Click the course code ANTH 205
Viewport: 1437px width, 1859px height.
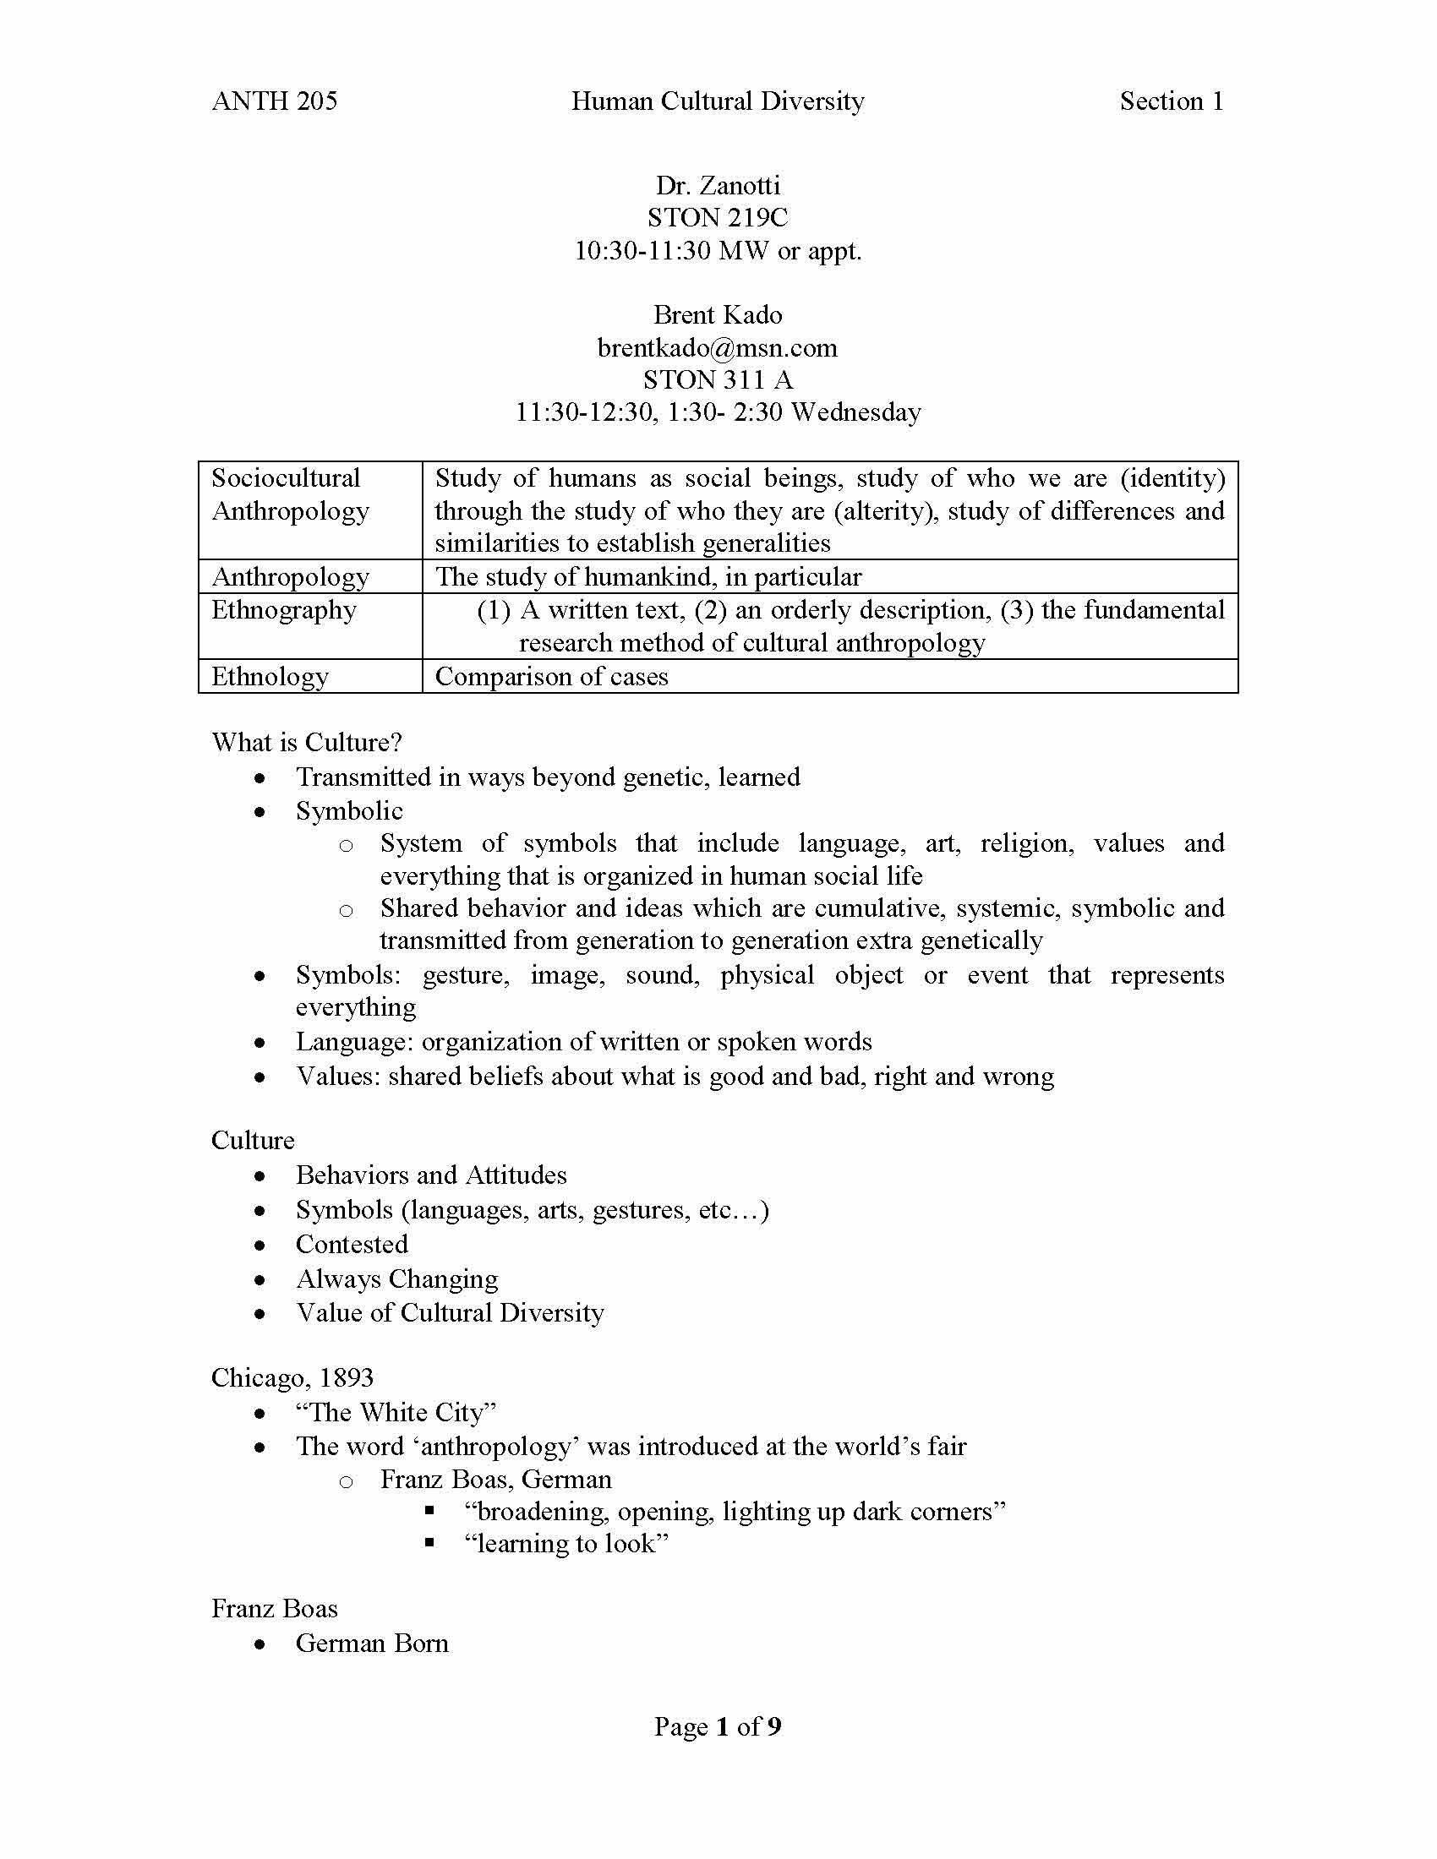[274, 101]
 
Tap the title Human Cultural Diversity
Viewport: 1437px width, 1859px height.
[718, 101]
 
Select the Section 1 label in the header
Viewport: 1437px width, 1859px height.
[1172, 101]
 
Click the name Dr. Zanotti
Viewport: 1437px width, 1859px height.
[718, 186]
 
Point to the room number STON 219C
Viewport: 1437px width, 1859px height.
[718, 218]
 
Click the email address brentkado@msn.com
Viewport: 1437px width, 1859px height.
[718, 347]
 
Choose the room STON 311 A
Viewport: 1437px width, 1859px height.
[718, 379]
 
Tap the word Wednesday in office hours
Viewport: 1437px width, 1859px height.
[855, 412]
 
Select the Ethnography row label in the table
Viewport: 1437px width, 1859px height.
[283, 610]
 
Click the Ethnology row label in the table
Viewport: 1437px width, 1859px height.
[270, 677]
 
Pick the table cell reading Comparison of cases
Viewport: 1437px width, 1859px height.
[552, 677]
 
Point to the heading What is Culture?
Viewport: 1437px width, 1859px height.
[307, 742]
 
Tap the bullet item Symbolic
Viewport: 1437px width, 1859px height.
[349, 811]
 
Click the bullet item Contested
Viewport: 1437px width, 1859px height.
[352, 1245]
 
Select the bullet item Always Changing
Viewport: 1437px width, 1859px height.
[396, 1279]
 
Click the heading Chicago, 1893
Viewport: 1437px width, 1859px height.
[292, 1378]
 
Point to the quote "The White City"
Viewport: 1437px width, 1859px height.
[396, 1413]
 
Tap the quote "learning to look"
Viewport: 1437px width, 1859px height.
[566, 1544]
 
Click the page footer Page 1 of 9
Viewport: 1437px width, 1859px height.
[718, 1726]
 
